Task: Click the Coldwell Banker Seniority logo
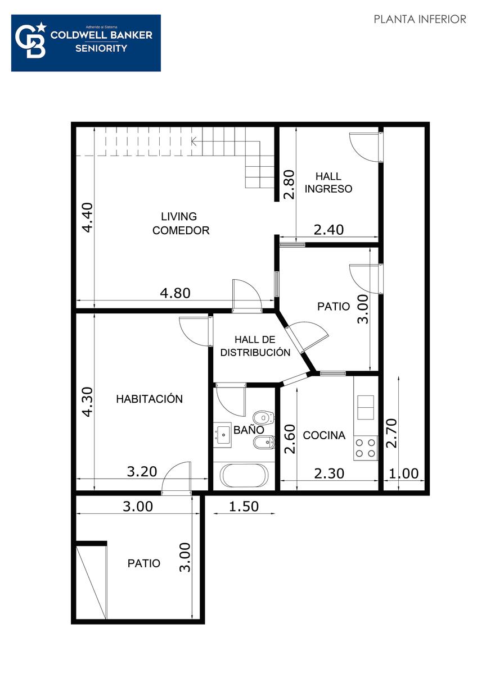pyautogui.click(x=86, y=43)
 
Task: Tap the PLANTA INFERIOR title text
pyautogui.click(x=420, y=19)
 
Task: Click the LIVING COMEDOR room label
pyautogui.click(x=181, y=224)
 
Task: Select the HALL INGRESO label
pyautogui.click(x=328, y=183)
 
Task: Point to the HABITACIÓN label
pyautogui.click(x=150, y=399)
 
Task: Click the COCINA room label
pyautogui.click(x=324, y=435)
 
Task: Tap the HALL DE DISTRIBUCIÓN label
pyautogui.click(x=255, y=346)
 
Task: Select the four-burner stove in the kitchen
pyautogui.click(x=366, y=448)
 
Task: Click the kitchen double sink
pyautogui.click(x=366, y=407)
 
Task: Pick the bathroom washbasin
pyautogui.click(x=222, y=435)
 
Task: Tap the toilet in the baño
pyautogui.click(x=264, y=418)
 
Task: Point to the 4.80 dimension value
pyautogui.click(x=175, y=293)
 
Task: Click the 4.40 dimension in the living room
pyautogui.click(x=88, y=217)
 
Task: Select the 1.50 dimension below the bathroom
pyautogui.click(x=244, y=506)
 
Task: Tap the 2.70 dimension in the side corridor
pyautogui.click(x=392, y=433)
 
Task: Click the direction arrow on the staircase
pyautogui.click(x=194, y=141)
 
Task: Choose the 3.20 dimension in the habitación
pyautogui.click(x=142, y=471)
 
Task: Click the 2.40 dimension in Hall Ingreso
pyautogui.click(x=328, y=230)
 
